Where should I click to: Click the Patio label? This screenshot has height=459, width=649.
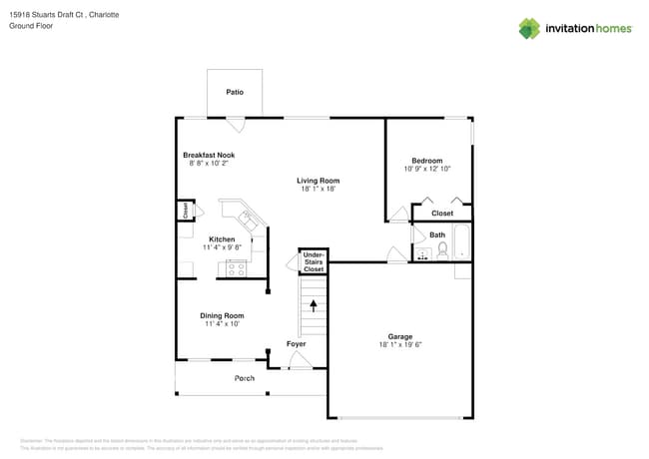(x=234, y=92)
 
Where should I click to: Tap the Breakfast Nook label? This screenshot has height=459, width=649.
(x=209, y=155)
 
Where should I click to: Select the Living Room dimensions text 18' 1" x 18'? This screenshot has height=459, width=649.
(x=318, y=189)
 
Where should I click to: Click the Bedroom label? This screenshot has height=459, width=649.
(x=426, y=161)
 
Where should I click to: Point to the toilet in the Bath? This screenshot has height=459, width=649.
(x=442, y=249)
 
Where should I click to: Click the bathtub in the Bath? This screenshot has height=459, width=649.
(x=461, y=242)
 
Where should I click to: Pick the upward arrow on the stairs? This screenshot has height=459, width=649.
(x=315, y=305)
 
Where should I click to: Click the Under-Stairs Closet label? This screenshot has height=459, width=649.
(x=314, y=262)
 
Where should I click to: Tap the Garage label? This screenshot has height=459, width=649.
(x=400, y=336)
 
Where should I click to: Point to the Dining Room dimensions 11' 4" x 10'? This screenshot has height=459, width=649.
(x=222, y=323)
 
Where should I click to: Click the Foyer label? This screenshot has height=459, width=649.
(x=297, y=344)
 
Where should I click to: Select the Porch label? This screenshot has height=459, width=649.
(x=244, y=378)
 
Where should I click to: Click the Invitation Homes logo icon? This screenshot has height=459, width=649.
(x=528, y=28)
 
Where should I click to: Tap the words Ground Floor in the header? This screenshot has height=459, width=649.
(x=31, y=26)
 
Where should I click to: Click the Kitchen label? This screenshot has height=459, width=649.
(x=221, y=239)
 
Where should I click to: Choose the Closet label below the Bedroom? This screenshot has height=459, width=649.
(x=441, y=213)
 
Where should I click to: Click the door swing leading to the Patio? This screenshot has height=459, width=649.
(x=235, y=124)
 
